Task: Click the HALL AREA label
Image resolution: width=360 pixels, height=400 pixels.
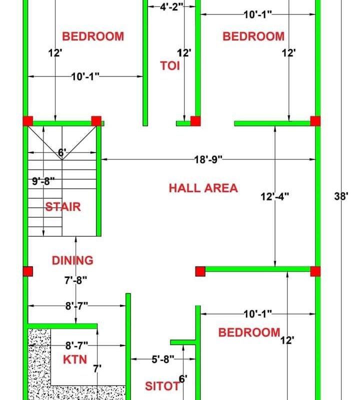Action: (x=203, y=188)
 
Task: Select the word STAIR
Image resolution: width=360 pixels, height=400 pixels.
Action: (x=63, y=206)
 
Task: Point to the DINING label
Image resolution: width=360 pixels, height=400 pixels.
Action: (x=72, y=260)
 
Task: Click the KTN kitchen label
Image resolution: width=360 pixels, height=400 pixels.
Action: (x=75, y=359)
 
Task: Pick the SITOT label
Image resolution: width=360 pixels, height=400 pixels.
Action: (x=162, y=386)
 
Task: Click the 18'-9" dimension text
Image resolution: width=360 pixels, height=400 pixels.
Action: (x=208, y=159)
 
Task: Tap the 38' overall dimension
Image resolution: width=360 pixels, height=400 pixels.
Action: (x=341, y=196)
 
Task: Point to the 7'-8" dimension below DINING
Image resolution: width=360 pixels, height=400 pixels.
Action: (x=75, y=280)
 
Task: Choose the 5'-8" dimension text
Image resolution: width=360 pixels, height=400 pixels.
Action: (x=162, y=358)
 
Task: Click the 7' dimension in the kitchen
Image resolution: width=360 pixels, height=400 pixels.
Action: (x=97, y=368)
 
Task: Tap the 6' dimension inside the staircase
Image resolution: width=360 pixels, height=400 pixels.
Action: (x=62, y=152)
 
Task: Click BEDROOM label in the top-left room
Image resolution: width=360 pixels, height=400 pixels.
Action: (x=92, y=36)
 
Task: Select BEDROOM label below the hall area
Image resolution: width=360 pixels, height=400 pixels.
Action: (x=249, y=332)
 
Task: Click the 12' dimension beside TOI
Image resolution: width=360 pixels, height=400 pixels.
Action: (x=184, y=52)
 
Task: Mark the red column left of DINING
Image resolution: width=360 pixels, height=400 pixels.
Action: (x=27, y=271)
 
